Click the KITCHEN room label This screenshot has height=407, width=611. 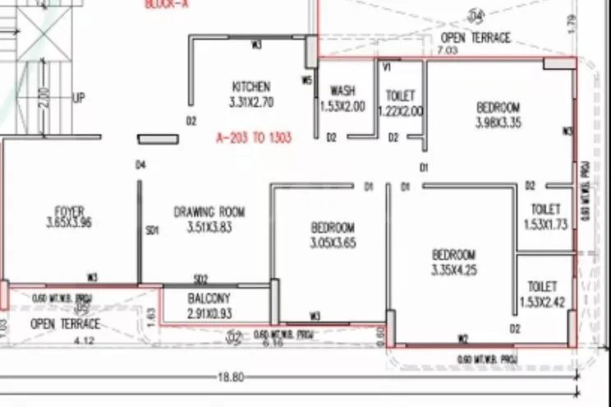(x=251, y=86)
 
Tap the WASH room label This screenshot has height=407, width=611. (x=342, y=90)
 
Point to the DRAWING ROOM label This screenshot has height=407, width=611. (x=209, y=211)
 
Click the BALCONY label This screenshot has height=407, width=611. (x=209, y=298)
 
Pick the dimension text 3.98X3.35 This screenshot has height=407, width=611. (x=498, y=123)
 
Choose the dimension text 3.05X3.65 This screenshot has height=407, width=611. (x=333, y=243)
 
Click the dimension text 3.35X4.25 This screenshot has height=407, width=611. (x=453, y=269)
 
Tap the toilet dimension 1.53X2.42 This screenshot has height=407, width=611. (x=544, y=302)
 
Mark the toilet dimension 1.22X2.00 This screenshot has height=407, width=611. (x=400, y=111)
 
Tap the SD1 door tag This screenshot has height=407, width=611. (x=151, y=231)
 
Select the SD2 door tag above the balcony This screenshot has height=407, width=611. (x=200, y=280)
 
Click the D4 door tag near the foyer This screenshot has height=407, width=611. (x=140, y=165)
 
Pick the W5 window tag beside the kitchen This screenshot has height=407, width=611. (x=306, y=81)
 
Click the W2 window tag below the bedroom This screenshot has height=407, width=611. (x=463, y=338)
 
